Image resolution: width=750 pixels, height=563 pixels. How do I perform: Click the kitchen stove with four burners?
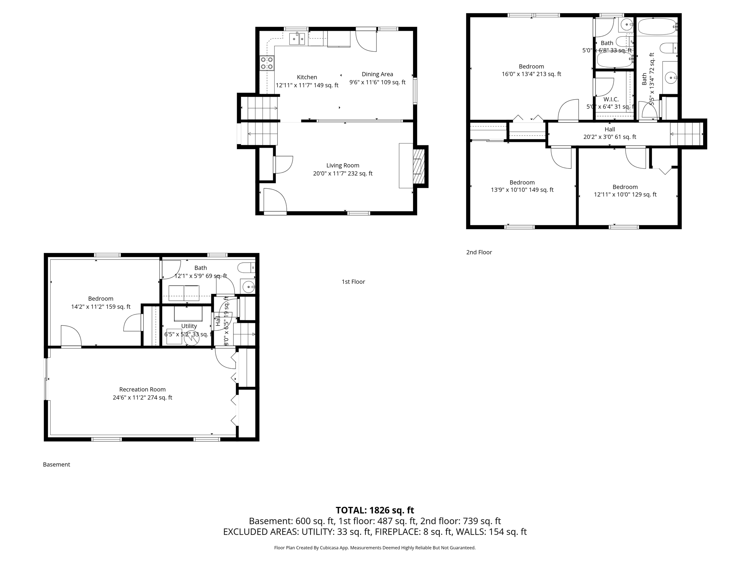(267, 63)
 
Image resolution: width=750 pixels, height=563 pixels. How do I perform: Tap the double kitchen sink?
(297, 38)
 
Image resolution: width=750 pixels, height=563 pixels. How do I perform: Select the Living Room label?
(343, 165)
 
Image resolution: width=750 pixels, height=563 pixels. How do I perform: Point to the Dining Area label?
(377, 74)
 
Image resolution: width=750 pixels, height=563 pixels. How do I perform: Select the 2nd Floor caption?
(479, 252)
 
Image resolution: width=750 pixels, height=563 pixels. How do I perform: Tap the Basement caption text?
(56, 464)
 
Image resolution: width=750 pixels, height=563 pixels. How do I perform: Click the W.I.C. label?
(611, 99)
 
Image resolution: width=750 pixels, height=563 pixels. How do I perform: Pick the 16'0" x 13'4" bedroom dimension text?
(531, 74)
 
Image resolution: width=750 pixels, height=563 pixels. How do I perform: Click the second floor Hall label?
(610, 129)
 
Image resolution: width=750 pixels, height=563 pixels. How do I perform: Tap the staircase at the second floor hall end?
(685, 134)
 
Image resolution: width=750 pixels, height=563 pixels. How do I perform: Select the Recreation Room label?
(142, 389)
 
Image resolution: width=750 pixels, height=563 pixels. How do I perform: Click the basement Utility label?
(189, 326)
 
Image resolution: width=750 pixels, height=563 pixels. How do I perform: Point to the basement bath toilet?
(246, 268)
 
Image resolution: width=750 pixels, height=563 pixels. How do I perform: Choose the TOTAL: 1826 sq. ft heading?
(375, 510)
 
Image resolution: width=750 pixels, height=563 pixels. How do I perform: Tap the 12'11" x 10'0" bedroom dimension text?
(625, 195)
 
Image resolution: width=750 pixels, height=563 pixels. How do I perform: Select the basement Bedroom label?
(101, 298)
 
